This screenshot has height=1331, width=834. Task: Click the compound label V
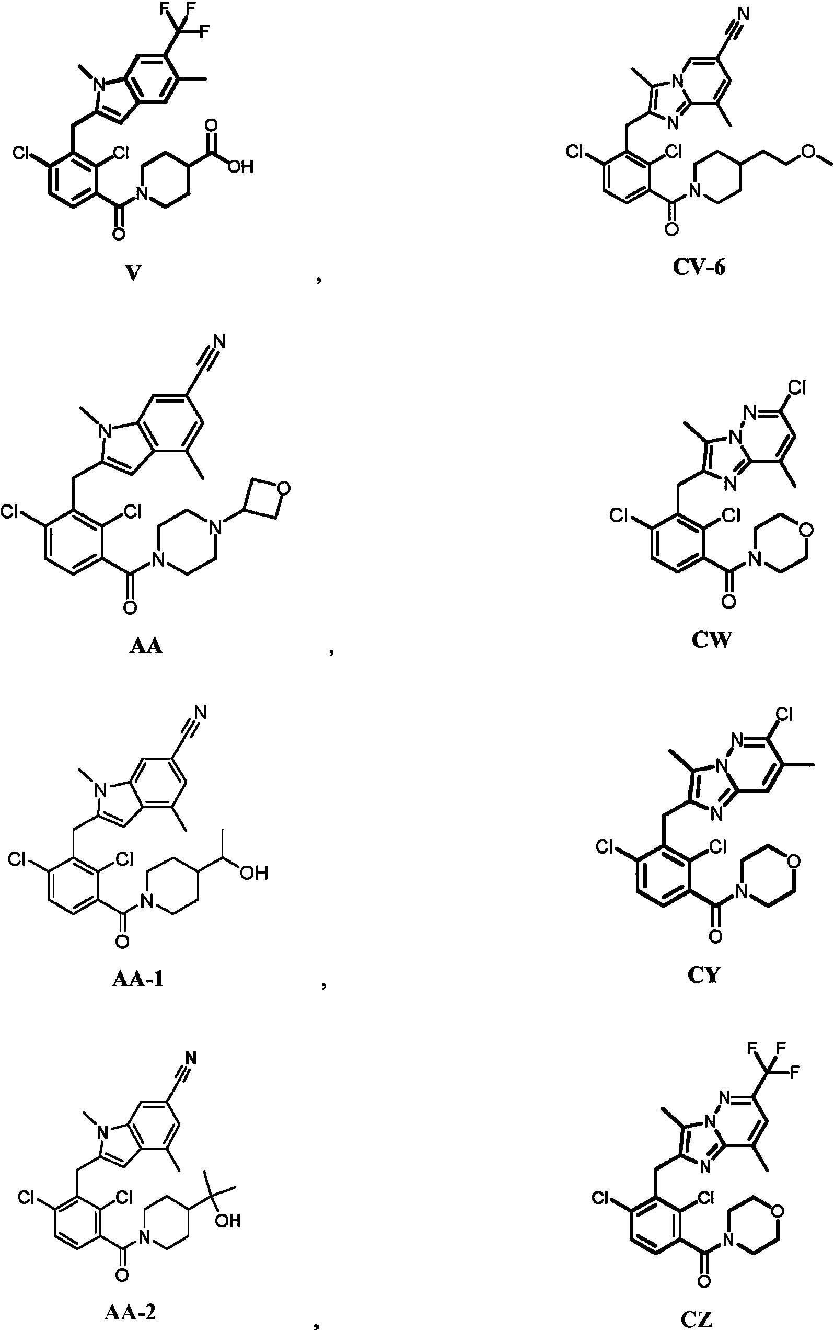pos(132,272)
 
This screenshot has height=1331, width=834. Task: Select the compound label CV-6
pos(699,267)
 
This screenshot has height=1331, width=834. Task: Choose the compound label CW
pos(712,639)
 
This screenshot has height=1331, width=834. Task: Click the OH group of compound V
pos(240,166)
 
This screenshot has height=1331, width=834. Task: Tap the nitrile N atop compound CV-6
pos(743,12)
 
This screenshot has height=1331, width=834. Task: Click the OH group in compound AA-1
pos(254,873)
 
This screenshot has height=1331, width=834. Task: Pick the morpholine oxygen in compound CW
pos(807,530)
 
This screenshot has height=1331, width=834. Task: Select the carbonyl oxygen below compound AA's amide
pos(130,608)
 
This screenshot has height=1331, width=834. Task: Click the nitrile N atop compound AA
pos(219,341)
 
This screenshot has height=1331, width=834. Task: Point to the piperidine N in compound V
pos(142,192)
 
